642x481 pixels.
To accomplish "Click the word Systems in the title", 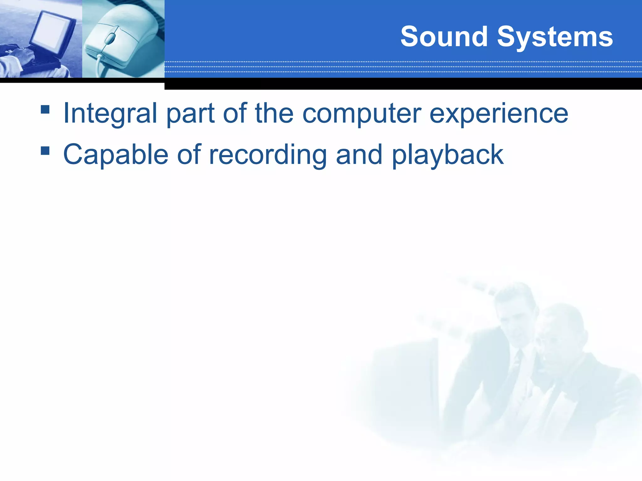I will tap(555, 38).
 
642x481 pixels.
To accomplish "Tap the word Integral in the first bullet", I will tap(110, 113).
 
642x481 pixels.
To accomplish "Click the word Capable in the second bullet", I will tap(116, 155).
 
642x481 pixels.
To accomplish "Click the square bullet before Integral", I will tap(45, 109).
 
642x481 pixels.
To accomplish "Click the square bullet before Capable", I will tap(45, 151).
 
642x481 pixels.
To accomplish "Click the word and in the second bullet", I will tap(359, 155).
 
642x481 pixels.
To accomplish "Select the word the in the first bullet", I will tap(274, 113).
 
